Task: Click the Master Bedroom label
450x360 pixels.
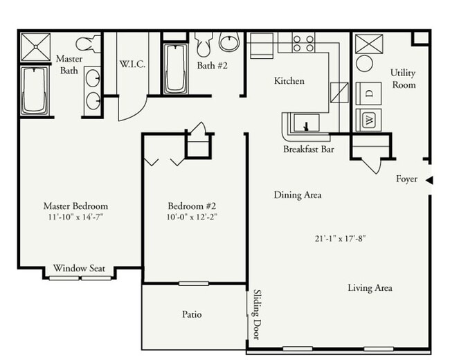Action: tap(75, 206)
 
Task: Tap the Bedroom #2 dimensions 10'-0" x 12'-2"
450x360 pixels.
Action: tap(192, 217)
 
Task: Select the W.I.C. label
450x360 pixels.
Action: tap(131, 64)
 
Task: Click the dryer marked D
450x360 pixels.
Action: tap(368, 92)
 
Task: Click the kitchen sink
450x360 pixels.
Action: tap(305, 125)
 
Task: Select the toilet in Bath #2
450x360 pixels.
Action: tap(204, 46)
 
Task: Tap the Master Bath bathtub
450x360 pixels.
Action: tap(33, 91)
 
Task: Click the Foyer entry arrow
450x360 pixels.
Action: tap(429, 180)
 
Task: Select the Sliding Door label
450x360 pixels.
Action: tap(256, 314)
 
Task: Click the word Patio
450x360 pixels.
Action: tap(192, 314)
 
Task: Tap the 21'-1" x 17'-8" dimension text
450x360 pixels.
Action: tap(339, 239)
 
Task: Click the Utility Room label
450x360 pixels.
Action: tap(403, 78)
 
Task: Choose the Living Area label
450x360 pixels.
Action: tap(370, 288)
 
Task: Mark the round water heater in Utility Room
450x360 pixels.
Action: tap(364, 64)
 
